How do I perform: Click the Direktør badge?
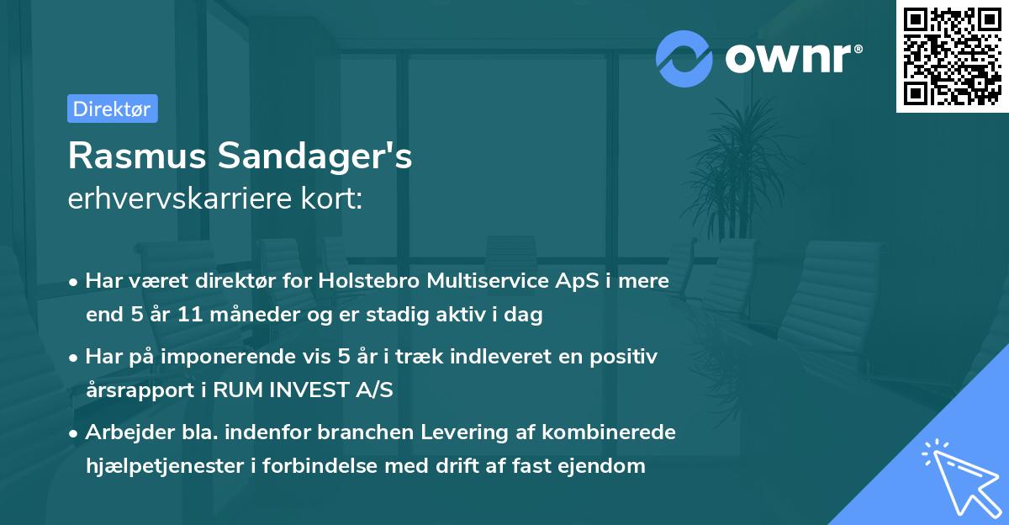(x=112, y=109)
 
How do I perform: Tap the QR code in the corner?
(x=953, y=56)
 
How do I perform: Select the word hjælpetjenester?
(x=166, y=465)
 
